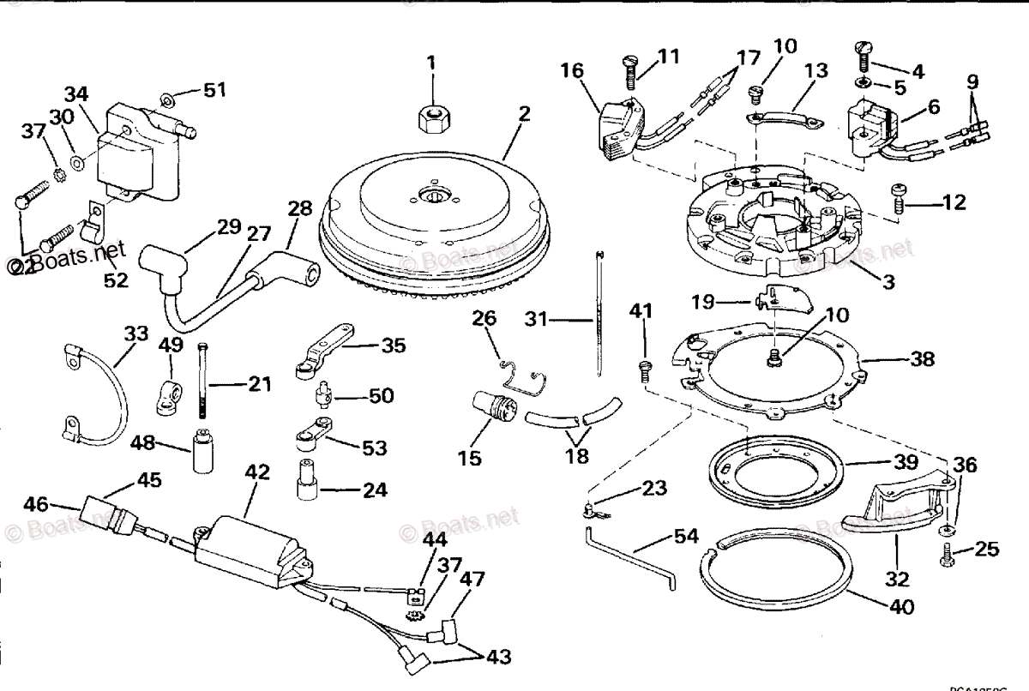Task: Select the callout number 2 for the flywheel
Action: pos(524,112)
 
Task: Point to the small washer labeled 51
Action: pos(169,93)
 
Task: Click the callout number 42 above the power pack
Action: pos(257,472)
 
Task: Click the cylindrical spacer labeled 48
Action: pos(202,450)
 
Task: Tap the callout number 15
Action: pos(469,458)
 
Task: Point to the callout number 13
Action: pos(816,71)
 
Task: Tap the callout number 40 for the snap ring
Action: pos(901,607)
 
